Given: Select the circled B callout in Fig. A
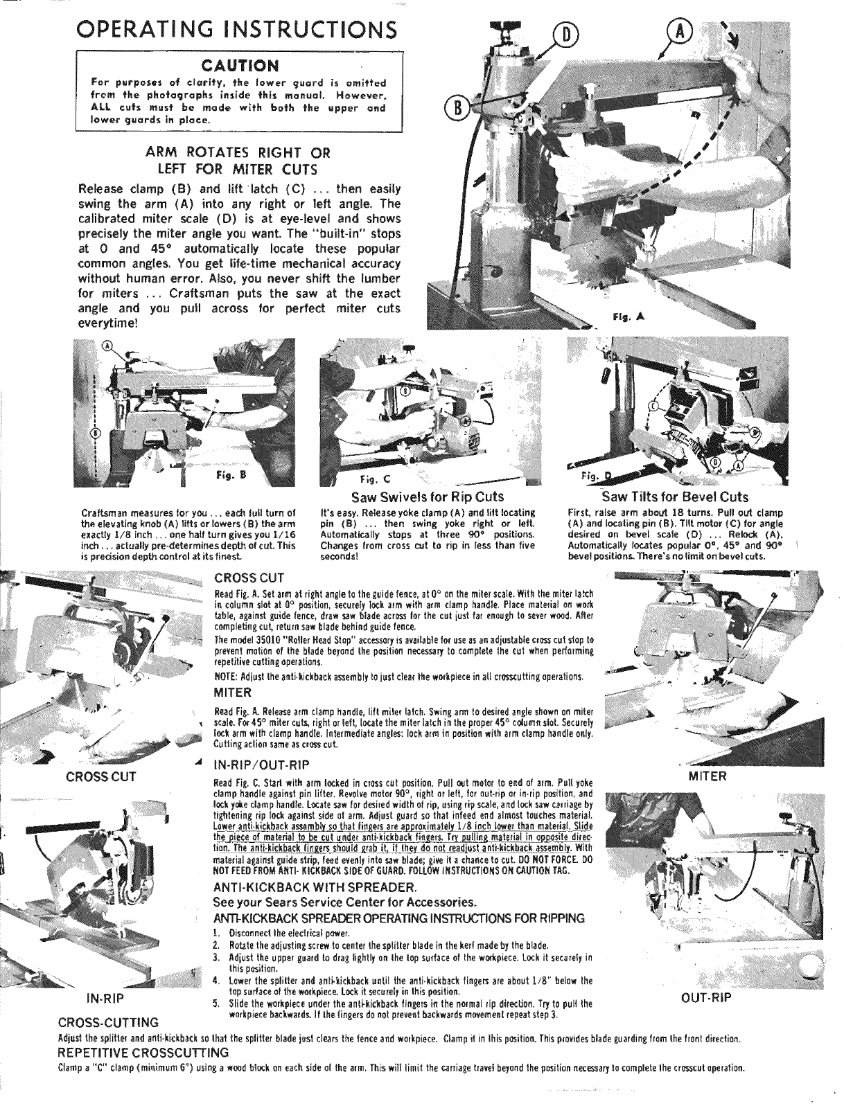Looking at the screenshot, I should [457, 109].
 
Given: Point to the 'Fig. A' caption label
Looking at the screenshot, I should [628, 317].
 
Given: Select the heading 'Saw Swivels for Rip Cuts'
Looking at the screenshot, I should [428, 497].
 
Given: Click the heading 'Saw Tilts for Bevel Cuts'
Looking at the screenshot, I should [675, 497].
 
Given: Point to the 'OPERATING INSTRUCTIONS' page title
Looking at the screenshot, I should [237, 30].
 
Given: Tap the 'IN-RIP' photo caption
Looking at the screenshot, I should [105, 999].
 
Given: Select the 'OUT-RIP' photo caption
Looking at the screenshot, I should [706, 998].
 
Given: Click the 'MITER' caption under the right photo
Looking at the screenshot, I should [707, 776].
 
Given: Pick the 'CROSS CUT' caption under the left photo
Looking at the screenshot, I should [101, 776].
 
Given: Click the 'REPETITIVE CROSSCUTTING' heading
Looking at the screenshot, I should [144, 1053].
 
